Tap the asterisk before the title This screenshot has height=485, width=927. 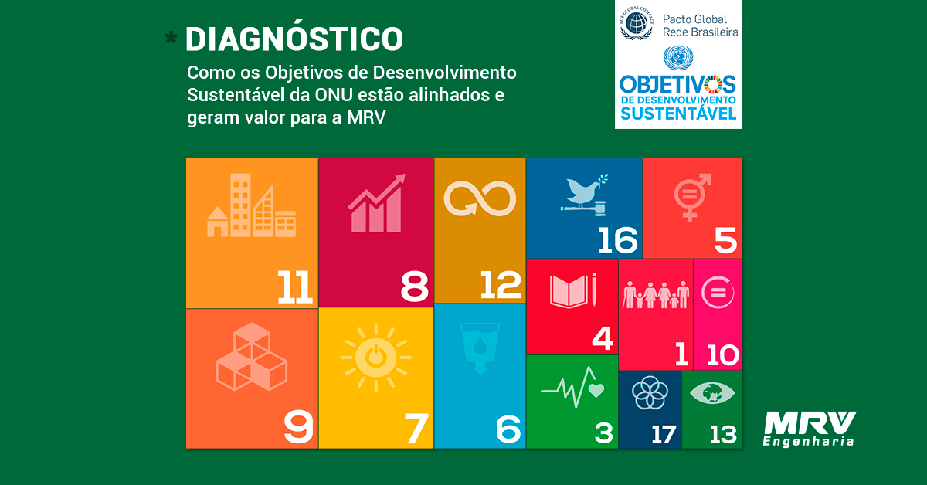(171, 38)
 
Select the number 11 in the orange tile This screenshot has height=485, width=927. (294, 287)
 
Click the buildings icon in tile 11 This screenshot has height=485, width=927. (251, 205)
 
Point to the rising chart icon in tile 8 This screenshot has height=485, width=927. (376, 203)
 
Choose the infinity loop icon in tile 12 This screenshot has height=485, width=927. (480, 199)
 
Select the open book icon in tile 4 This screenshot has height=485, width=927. (573, 290)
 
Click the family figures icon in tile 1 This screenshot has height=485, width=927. (656, 295)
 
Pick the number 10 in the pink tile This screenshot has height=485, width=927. (722, 354)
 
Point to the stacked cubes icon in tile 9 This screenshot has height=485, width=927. (252, 357)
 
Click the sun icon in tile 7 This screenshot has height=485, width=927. (375, 357)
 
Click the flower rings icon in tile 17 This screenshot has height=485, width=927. (650, 393)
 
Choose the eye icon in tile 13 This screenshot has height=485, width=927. (712, 393)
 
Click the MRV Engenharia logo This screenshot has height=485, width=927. (809, 429)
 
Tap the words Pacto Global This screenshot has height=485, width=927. (694, 19)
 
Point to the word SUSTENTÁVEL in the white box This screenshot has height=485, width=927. (678, 114)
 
